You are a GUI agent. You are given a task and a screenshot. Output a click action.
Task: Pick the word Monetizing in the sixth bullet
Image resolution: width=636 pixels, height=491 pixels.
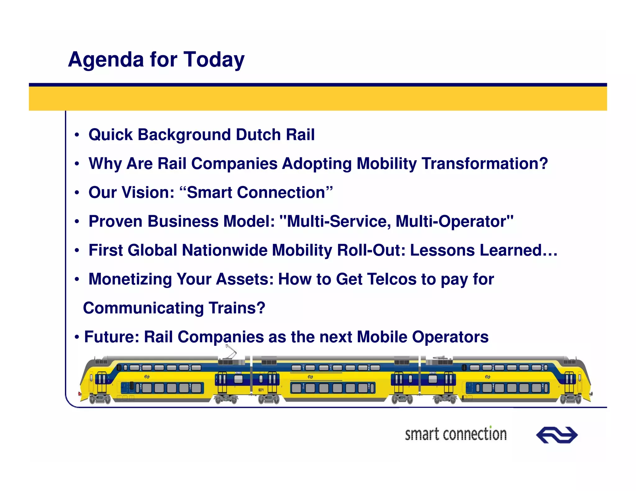point(130,279)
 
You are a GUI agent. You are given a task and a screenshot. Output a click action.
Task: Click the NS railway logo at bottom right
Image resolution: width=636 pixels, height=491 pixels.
point(556,435)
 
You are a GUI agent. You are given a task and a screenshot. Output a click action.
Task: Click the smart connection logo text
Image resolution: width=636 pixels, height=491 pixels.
point(456,434)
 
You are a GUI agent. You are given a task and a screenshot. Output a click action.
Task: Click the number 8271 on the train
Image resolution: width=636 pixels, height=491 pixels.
point(261,390)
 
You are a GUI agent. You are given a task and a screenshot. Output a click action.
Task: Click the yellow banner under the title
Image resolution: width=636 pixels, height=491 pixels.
point(318,99)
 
